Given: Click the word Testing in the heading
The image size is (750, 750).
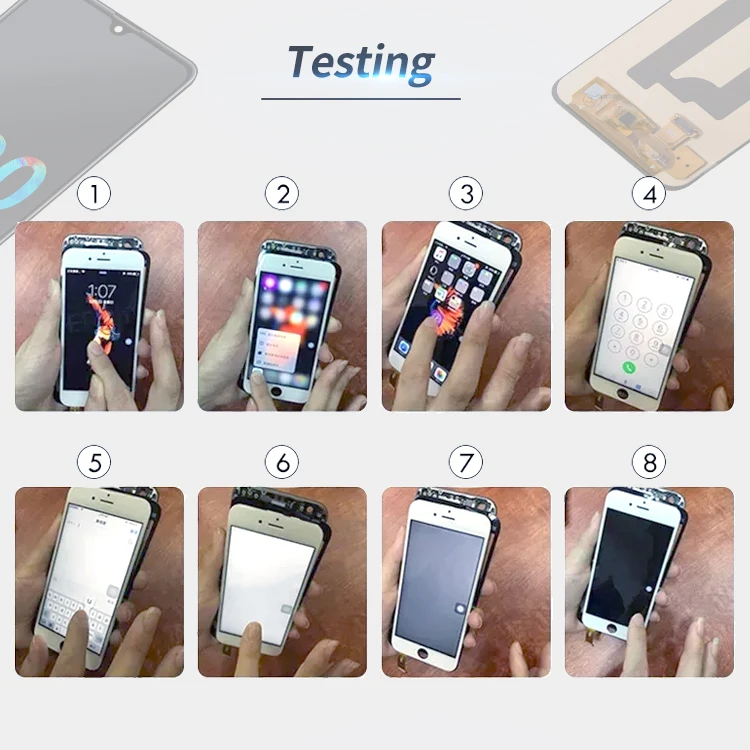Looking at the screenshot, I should pos(361,61).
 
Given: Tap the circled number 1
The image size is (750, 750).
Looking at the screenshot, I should pos(94,194).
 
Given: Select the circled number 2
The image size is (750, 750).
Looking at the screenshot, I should pos(283,194).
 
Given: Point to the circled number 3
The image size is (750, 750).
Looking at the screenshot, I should pos(466,194).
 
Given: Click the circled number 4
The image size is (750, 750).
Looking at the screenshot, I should pos(649,194).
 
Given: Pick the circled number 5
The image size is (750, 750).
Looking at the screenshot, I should pos(94,462).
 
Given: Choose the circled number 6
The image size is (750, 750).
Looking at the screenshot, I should pos(283,462).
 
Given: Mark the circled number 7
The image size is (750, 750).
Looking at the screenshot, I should pos(466,462).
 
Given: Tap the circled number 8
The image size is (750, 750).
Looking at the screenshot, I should pos(649,462).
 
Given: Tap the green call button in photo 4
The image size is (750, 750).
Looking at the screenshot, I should pos(630,367).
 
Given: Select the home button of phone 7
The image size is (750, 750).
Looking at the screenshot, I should pos(433,656).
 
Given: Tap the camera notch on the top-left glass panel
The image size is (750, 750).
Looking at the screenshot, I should pos(118,29).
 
